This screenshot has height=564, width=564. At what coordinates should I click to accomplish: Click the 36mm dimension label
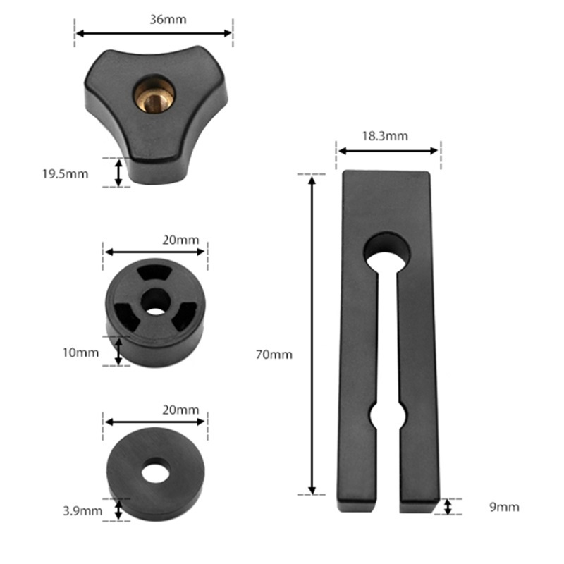pos(168,20)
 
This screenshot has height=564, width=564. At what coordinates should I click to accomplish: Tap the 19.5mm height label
pos(65,174)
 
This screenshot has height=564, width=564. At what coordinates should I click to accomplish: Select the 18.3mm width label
pos(385,136)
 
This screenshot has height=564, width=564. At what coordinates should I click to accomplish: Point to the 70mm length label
pos(274,355)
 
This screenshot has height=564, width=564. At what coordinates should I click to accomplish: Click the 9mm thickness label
pos(504,507)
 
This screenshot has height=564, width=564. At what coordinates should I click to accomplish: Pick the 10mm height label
pos(80,353)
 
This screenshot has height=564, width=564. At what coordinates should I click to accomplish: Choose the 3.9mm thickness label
pos(82,511)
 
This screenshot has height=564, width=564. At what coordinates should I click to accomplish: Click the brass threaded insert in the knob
pos(154,94)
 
